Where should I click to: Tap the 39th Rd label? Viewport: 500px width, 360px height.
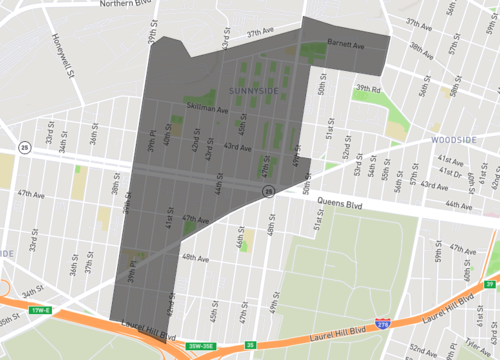(367, 88)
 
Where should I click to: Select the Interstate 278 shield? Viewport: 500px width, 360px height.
(383, 324)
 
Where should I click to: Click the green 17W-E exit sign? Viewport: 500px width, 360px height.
(39, 310)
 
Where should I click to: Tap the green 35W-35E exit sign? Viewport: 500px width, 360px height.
(200, 347)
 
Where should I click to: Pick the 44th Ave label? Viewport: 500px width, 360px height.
(460, 205)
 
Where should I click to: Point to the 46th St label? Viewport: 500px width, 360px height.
(240, 241)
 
